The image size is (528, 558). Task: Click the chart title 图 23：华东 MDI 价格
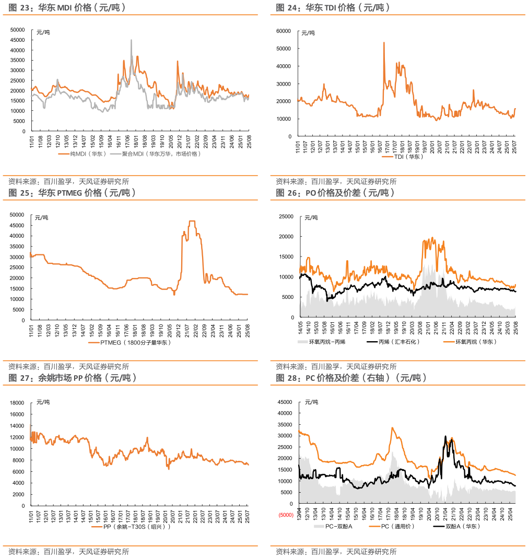[67, 8]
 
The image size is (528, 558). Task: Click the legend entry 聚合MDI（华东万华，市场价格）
[161, 154]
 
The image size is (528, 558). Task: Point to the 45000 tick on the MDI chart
[18, 40]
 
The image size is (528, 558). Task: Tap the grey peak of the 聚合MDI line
[131, 40]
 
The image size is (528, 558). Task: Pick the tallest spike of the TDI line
[384, 43]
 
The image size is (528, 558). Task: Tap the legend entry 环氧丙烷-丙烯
[334, 342]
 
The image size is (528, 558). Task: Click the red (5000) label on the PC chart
[286, 516]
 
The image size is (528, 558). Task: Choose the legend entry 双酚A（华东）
[462, 526]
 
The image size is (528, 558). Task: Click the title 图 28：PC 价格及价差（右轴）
[351, 378]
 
